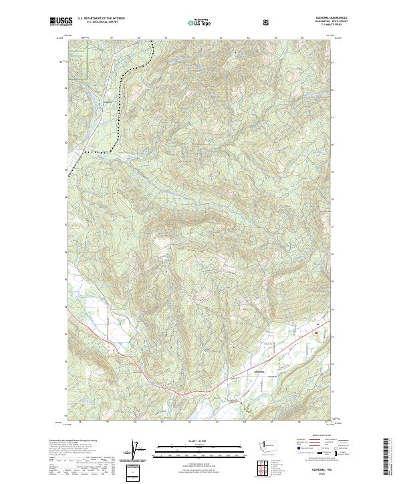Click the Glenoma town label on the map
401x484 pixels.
tap(259, 371)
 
